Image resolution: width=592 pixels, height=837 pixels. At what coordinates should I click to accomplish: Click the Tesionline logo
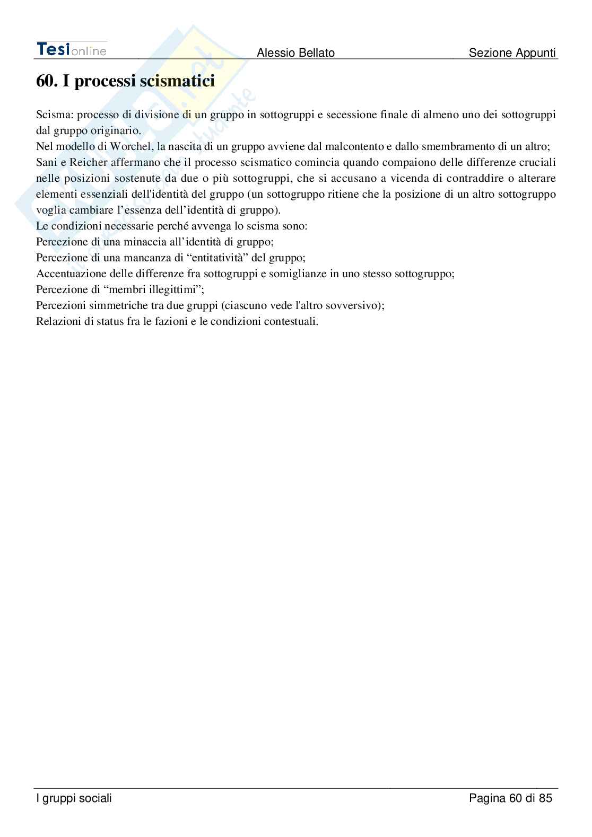tap(71, 49)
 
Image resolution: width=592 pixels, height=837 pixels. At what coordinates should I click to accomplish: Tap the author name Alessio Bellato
tap(295, 52)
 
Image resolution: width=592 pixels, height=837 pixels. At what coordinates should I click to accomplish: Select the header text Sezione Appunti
tap(512, 52)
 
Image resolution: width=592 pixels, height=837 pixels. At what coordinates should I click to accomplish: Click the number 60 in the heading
tap(46, 81)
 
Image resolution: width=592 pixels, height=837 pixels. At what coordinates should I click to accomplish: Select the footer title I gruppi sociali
tap(74, 798)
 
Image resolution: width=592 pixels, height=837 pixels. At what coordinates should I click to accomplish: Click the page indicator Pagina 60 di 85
tap(510, 798)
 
